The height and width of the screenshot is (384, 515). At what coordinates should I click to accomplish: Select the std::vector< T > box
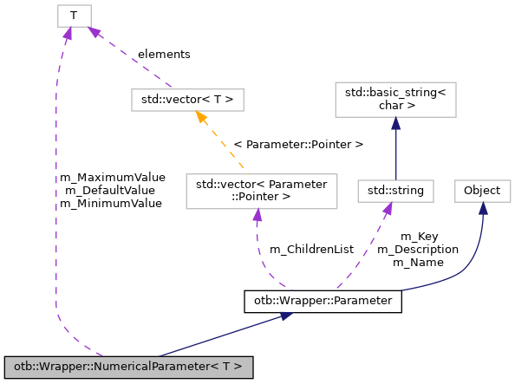pos(186,100)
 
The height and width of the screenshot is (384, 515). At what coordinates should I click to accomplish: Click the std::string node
pos(394,190)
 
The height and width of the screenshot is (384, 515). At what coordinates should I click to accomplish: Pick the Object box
pos(482,190)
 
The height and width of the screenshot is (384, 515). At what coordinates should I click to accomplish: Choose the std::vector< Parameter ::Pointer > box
pos(261,190)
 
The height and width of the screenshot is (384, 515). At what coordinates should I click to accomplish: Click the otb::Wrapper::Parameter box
pos(323,302)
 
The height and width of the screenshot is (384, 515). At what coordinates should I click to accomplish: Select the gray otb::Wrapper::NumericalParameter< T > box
pos(128,366)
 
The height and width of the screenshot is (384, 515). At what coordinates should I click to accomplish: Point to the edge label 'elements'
pos(162,54)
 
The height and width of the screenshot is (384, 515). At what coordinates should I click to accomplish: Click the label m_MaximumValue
pos(112,177)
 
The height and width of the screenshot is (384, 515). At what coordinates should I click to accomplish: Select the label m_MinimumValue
pos(112,203)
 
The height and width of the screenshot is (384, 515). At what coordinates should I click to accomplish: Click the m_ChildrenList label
pos(311,249)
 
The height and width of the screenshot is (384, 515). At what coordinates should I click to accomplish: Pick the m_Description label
pos(417,249)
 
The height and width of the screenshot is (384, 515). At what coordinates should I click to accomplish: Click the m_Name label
pos(417,262)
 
